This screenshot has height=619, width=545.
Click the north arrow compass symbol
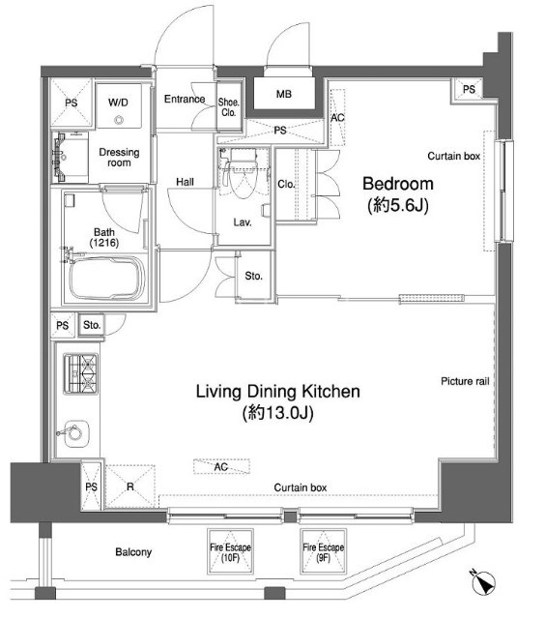coord(484,582)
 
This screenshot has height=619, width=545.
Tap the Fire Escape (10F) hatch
coord(230,551)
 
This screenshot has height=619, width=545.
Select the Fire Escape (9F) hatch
coord(324,551)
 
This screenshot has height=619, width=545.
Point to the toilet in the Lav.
coord(243,174)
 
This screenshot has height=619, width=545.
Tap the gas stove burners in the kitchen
coord(81,373)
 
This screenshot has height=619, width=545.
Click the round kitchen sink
coord(75,433)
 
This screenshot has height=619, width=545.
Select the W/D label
coord(118,103)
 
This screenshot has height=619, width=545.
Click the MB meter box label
coord(284,94)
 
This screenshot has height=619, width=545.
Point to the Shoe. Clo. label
coord(229,107)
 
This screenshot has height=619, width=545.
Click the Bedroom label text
coord(398,184)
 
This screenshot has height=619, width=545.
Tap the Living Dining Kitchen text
coord(278,391)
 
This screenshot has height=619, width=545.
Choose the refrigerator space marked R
coord(130,486)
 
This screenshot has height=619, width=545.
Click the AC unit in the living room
coord(221,466)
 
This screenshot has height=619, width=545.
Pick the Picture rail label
coord(465,381)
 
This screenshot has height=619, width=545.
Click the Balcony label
coord(133,552)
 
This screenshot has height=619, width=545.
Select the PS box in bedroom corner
coord(469,90)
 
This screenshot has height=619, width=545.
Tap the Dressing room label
coord(119,157)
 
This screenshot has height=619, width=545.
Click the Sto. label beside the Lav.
coord(253,276)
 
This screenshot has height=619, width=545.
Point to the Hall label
coord(185,182)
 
